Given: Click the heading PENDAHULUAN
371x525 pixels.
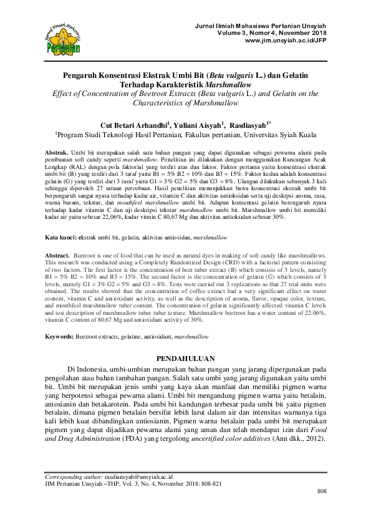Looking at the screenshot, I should pyautogui.click(x=185, y=359).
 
